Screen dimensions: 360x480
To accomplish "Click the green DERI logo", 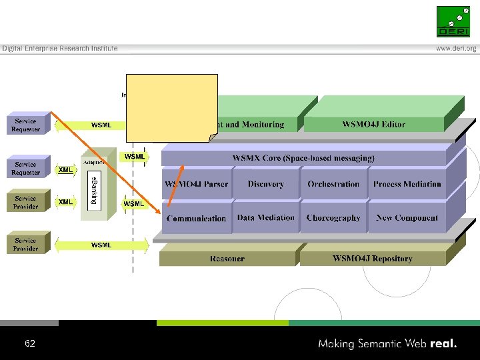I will [453, 21].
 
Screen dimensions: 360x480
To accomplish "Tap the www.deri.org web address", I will [456, 49].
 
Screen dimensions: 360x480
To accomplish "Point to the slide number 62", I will [29, 344].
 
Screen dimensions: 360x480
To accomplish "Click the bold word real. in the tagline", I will [444, 344].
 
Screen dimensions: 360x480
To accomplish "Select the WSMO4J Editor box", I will [373, 124].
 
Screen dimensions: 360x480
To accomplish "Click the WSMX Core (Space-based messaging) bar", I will [303, 158].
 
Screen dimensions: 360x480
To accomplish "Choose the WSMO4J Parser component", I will [197, 184].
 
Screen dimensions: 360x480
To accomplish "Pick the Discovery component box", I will [265, 184].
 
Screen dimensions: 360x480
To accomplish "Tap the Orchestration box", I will [333, 184].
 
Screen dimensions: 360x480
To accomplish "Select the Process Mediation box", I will [407, 184].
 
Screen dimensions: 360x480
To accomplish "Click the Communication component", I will [196, 219].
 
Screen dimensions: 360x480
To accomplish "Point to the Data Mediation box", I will [265, 218].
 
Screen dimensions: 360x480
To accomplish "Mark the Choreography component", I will [333, 218].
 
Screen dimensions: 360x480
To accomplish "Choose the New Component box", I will [407, 218].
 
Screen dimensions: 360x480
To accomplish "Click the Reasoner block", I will [227, 259].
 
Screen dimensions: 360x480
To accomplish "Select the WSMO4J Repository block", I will [377, 259].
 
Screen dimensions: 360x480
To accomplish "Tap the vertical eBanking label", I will [94, 191].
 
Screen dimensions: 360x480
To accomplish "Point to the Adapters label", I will [93, 162].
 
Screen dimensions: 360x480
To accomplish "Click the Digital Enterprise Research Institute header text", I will [60, 49].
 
